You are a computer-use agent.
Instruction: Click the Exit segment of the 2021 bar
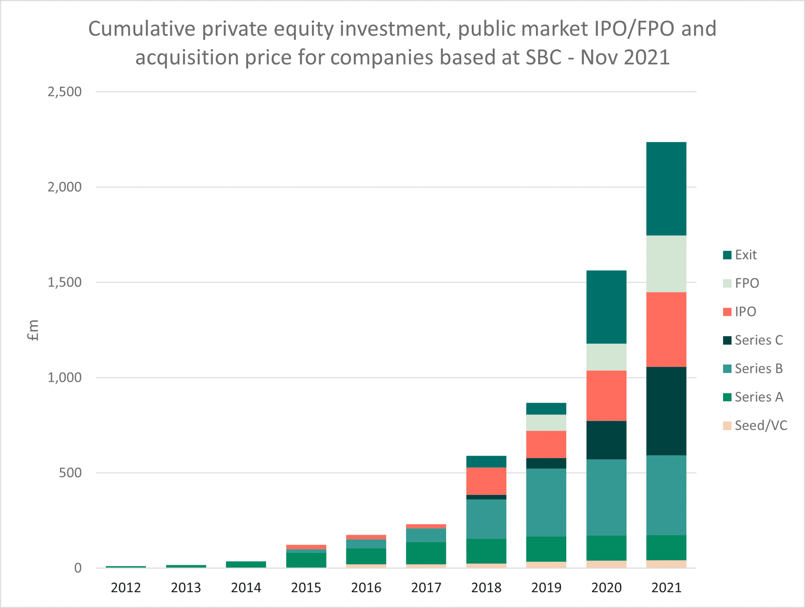(x=666, y=188)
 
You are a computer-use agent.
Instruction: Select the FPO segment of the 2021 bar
(x=666, y=264)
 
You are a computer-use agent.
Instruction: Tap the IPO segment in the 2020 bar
(x=606, y=395)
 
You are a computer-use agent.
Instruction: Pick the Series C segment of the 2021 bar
(x=666, y=411)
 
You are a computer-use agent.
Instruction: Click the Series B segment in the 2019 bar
(x=546, y=502)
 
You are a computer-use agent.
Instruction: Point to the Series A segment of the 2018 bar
(x=486, y=551)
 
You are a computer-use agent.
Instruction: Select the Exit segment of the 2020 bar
(x=606, y=307)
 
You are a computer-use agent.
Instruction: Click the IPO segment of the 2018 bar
(x=486, y=481)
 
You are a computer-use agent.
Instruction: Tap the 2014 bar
(x=246, y=564)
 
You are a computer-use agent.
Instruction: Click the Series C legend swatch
(x=727, y=340)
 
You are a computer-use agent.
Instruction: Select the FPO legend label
(x=747, y=283)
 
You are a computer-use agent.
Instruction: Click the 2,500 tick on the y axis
(x=64, y=92)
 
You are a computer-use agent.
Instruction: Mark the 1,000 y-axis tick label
(x=64, y=378)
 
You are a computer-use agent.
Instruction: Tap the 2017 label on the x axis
(x=426, y=588)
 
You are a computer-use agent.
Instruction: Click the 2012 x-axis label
(x=126, y=588)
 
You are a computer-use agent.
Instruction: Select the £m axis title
(x=33, y=330)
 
